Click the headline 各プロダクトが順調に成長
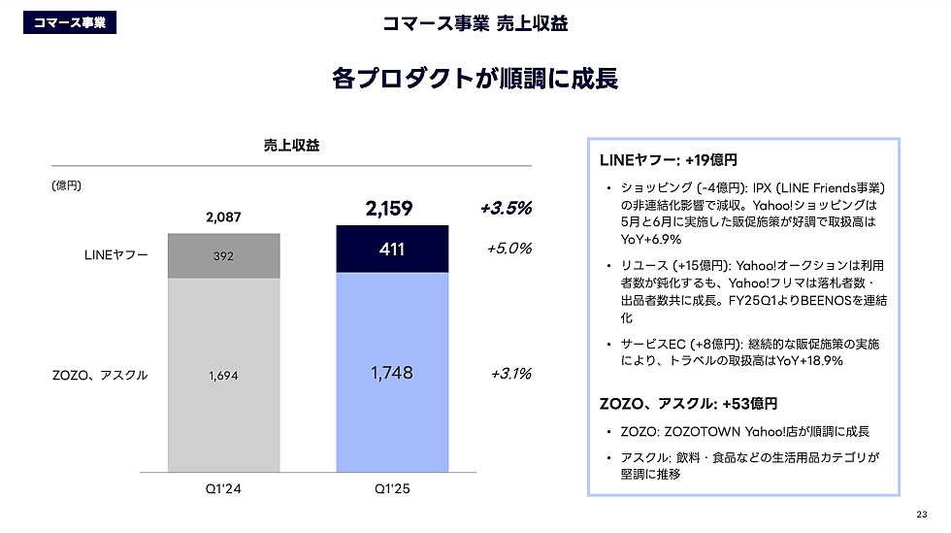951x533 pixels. click(475, 79)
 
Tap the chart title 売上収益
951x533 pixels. click(291, 146)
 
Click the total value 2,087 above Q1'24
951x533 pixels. click(223, 217)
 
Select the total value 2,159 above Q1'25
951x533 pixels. click(390, 208)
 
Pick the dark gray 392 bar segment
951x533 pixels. click(224, 256)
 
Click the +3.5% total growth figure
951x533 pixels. click(506, 208)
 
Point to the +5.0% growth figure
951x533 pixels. click(508, 249)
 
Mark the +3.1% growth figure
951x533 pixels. click(510, 373)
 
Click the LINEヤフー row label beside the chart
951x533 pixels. click(116, 255)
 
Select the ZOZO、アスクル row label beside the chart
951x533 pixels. click(100, 375)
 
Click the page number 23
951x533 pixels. click(921, 515)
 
